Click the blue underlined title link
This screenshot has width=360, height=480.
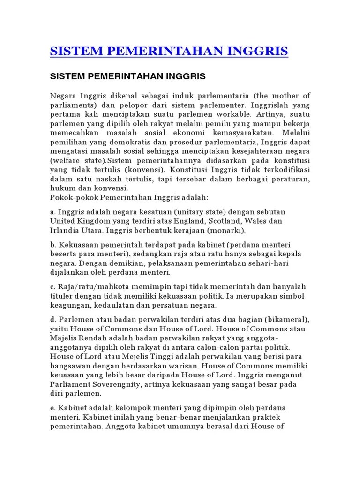[169, 51]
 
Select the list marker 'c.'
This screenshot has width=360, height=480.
[53, 286]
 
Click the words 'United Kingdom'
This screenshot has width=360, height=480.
[75, 221]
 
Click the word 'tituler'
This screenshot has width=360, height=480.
[62, 296]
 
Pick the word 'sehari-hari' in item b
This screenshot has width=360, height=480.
[270, 263]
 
